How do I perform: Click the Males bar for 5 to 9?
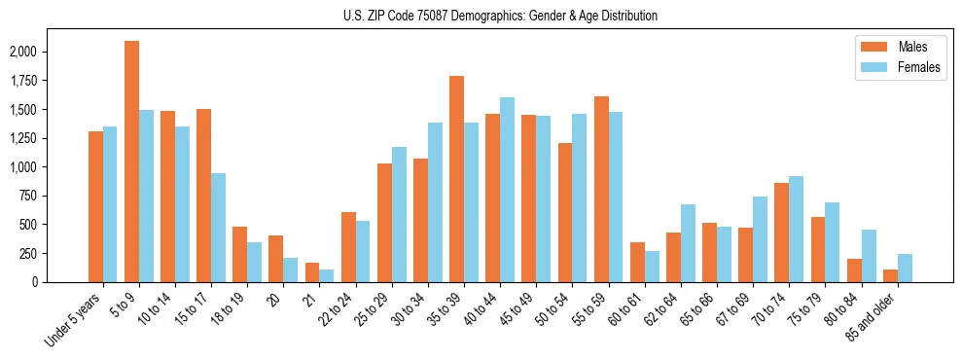131,162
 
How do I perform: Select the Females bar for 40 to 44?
507,190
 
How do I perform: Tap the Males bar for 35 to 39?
456,179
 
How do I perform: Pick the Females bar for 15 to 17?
218,228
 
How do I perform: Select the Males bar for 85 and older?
890,275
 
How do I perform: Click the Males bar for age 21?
312,272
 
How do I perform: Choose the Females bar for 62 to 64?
688,243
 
